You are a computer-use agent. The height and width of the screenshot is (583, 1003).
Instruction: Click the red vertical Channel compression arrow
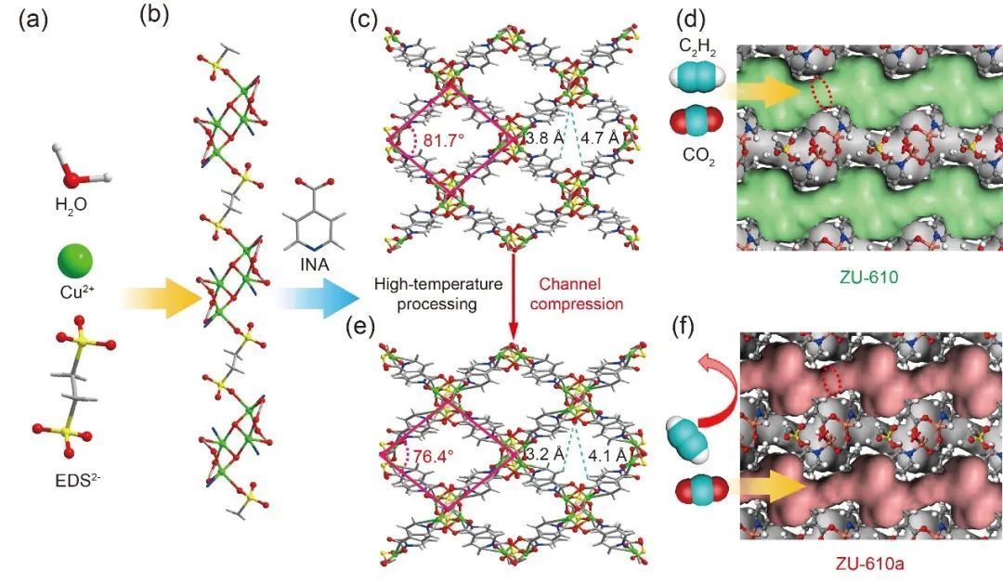(513, 297)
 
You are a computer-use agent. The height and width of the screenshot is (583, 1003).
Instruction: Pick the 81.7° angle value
(445, 140)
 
